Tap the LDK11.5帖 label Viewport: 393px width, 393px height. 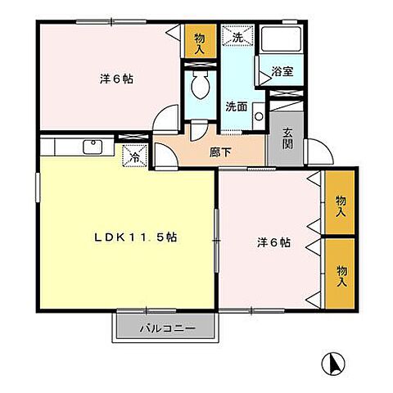[136, 238]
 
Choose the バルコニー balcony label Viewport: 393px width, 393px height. [166, 328]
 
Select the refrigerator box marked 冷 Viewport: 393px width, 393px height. [134, 154]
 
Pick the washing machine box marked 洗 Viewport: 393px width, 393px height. [238, 37]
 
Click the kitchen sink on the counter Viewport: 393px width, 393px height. [92, 147]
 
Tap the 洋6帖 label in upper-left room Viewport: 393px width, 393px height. [117, 80]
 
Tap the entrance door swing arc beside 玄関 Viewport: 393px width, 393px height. [318, 151]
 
